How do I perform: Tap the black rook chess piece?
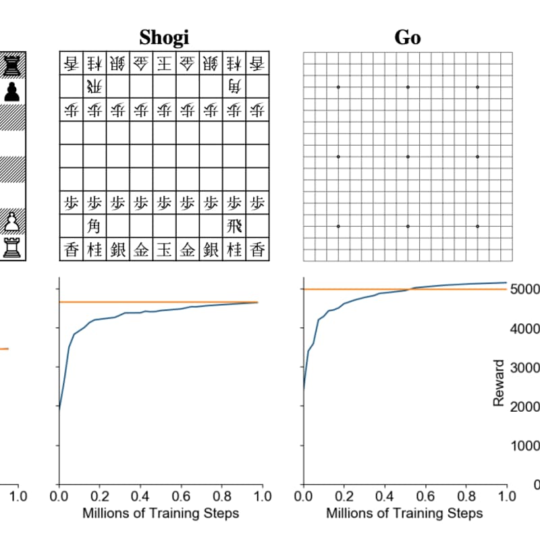pyautogui.click(x=11, y=65)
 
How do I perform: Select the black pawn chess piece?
pyautogui.click(x=11, y=91)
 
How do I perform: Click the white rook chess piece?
pyautogui.click(x=11, y=248)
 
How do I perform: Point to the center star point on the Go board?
pyautogui.click(x=408, y=157)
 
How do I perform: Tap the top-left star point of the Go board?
pyautogui.click(x=338, y=87)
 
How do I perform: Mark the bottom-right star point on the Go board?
pyautogui.click(x=477, y=226)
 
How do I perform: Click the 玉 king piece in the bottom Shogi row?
pyautogui.click(x=164, y=249)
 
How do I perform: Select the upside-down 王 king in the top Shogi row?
pyautogui.click(x=164, y=63)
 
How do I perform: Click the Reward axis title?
pyautogui.click(x=499, y=383)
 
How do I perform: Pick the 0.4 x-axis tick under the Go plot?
pyautogui.click(x=384, y=497)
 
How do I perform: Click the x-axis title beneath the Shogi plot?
pyautogui.click(x=161, y=513)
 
